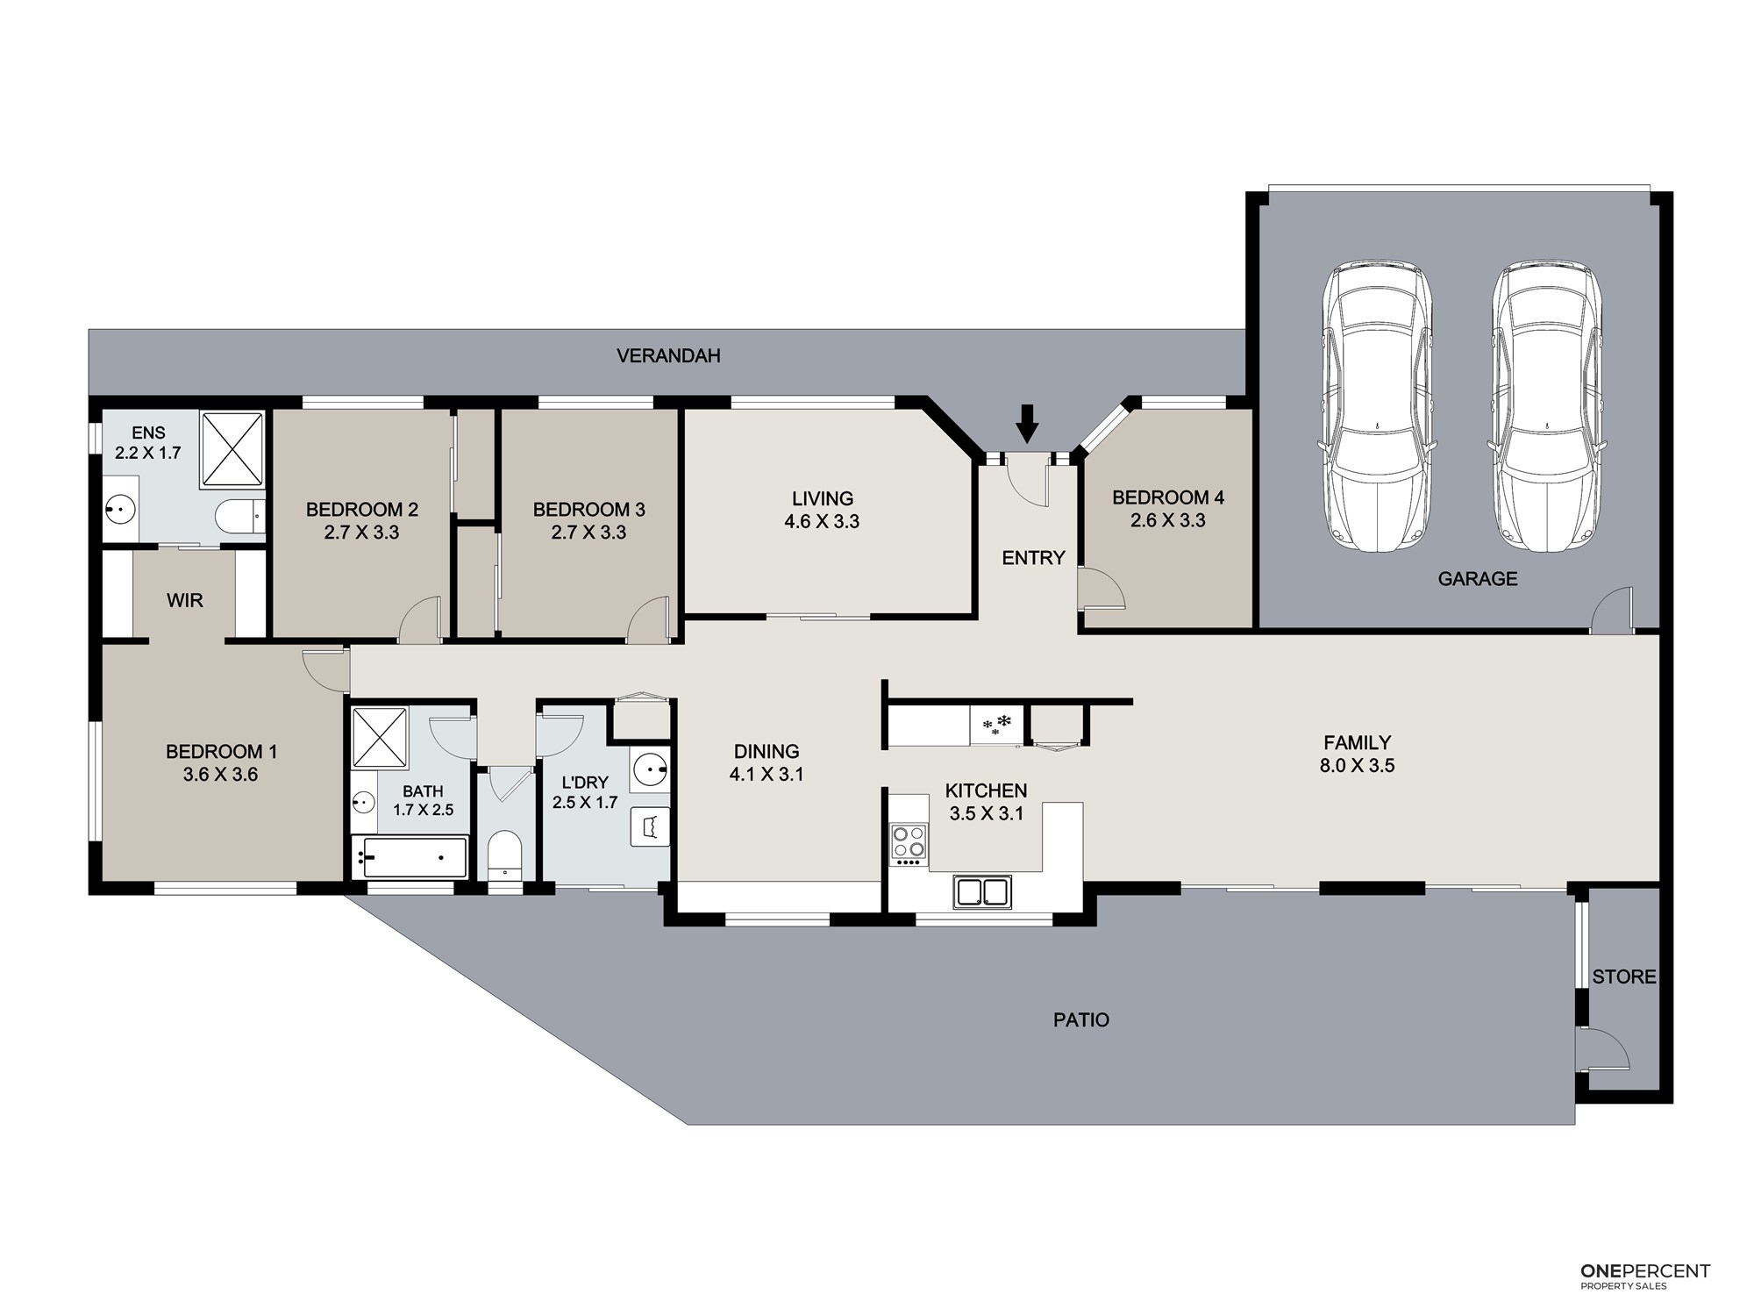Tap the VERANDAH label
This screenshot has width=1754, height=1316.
[x=668, y=355]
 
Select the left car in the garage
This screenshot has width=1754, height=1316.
[x=1375, y=405]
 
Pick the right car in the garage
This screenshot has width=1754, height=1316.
[x=1547, y=405]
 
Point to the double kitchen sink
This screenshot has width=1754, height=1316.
[x=982, y=891]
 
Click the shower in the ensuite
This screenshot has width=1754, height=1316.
[x=232, y=449]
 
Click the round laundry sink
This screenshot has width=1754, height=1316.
[x=650, y=771]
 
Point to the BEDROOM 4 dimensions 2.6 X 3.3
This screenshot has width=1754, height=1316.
[x=1168, y=520]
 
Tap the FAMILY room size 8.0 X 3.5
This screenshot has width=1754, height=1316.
[x=1357, y=765]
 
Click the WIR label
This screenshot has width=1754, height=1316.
[x=185, y=601]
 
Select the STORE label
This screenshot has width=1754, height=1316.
[x=1624, y=976]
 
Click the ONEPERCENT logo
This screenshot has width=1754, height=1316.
[x=1645, y=1300]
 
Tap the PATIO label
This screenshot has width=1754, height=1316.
[x=1081, y=1019]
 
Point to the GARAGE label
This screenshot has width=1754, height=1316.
[x=1478, y=578]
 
